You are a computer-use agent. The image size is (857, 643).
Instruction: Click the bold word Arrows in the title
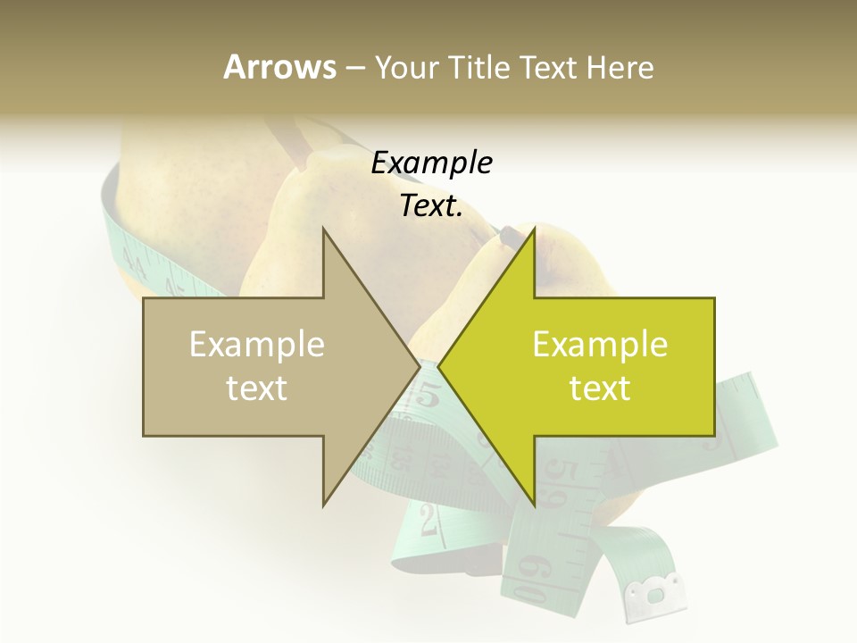(x=279, y=67)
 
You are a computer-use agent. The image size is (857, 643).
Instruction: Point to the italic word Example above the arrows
(x=431, y=163)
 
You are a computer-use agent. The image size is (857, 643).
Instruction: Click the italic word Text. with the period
(x=431, y=206)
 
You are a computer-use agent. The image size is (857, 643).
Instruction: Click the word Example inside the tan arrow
(x=256, y=345)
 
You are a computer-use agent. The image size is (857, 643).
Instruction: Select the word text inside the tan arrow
(x=256, y=388)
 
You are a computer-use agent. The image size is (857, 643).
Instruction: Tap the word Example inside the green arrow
(x=600, y=345)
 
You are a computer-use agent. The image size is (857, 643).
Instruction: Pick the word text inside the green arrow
(x=600, y=388)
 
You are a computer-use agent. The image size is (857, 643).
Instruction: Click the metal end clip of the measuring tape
(x=656, y=593)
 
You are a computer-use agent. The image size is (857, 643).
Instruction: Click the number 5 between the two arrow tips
(x=428, y=393)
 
